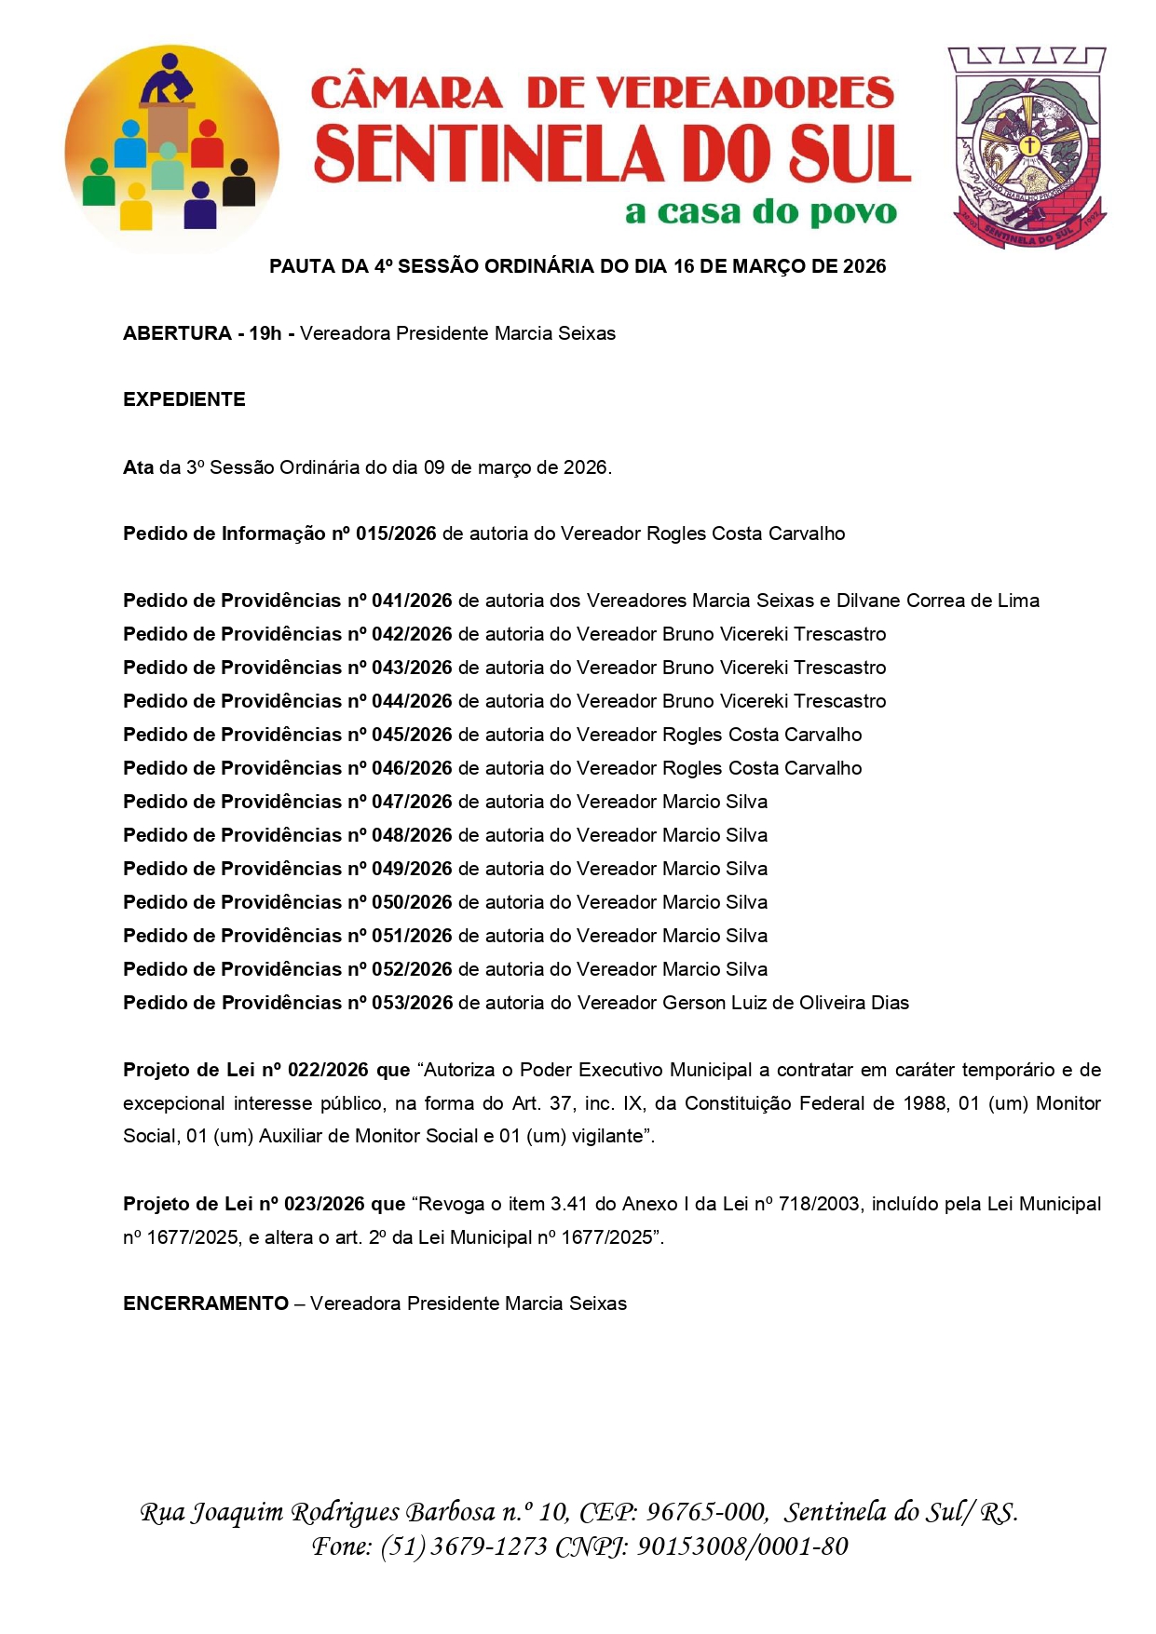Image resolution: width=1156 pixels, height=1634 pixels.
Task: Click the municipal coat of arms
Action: point(1027,147)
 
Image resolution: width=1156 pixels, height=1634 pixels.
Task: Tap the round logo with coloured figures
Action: point(171,149)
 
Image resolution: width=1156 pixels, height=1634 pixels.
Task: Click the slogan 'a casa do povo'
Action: point(761,212)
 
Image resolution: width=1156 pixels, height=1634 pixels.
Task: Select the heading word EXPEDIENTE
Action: point(184,399)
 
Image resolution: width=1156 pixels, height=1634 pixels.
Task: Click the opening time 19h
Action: point(265,333)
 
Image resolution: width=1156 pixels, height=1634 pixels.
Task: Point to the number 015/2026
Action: point(396,533)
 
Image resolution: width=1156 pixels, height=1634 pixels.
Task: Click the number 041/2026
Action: point(412,601)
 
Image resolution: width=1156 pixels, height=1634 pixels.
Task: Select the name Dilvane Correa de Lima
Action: point(937,601)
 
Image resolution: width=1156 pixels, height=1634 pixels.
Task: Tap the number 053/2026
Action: point(412,1003)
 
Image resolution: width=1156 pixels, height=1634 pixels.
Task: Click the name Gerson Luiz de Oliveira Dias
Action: point(785,1003)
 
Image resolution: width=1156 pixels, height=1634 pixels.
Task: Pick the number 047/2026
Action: point(412,802)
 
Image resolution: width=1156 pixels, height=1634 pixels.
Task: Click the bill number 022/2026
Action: point(328,1070)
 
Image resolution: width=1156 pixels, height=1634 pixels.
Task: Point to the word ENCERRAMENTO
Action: point(206,1303)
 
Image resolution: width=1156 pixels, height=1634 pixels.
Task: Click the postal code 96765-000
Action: point(706,1513)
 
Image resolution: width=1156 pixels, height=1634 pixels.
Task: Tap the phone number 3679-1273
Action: point(489,1547)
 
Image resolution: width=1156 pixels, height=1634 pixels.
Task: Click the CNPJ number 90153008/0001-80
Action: point(742,1547)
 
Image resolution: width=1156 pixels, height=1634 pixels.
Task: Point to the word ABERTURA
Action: point(177,333)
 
